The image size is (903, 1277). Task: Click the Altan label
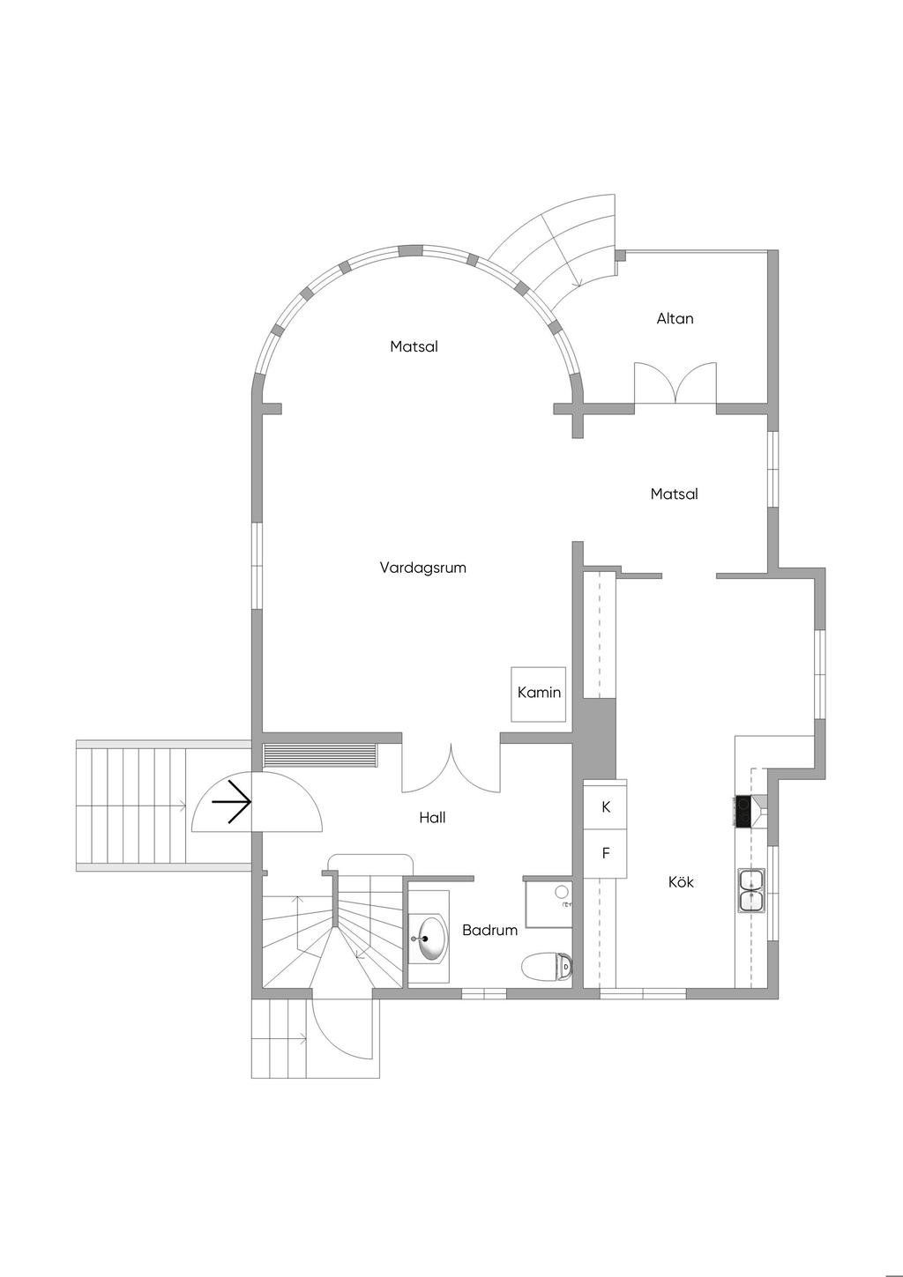click(x=675, y=318)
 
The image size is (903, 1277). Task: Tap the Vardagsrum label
click(x=422, y=568)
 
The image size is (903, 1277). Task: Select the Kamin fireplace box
click(x=539, y=694)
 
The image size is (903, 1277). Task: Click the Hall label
click(x=432, y=818)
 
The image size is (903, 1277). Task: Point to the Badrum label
click(x=489, y=930)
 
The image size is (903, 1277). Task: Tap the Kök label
click(x=681, y=882)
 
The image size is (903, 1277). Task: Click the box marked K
click(x=605, y=806)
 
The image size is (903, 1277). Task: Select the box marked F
click(x=605, y=853)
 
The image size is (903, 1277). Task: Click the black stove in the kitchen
click(x=743, y=811)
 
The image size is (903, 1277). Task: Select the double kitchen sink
click(x=751, y=891)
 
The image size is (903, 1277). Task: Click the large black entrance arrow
click(x=231, y=802)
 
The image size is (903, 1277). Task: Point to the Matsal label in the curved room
click(x=414, y=346)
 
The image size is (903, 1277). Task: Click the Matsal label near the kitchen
click(x=675, y=494)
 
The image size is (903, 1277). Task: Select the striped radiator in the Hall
click(x=319, y=755)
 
